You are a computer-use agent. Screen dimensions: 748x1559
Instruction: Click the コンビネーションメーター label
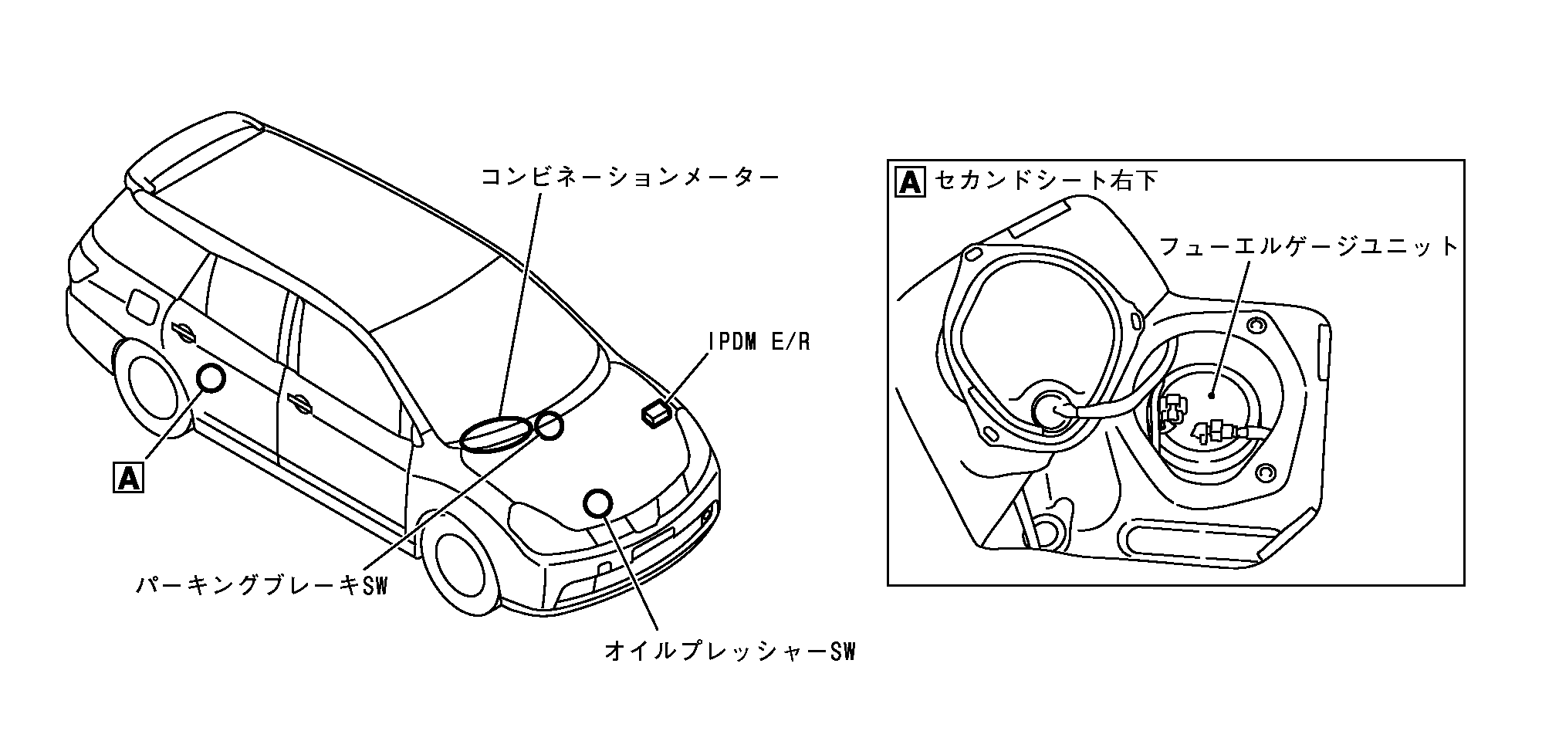(x=629, y=177)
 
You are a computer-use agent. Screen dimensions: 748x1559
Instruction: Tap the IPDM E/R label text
(x=759, y=342)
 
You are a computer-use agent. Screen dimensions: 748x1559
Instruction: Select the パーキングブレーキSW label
(x=261, y=585)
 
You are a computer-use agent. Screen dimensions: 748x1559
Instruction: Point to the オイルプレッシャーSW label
(x=730, y=652)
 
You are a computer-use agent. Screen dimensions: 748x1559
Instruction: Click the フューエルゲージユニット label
(x=1308, y=246)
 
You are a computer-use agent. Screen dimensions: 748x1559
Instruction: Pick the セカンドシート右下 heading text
(x=1045, y=181)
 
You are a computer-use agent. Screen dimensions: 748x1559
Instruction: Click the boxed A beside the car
(x=128, y=476)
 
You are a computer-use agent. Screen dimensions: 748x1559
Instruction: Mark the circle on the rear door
(x=211, y=378)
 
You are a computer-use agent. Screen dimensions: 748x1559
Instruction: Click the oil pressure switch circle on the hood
(x=597, y=503)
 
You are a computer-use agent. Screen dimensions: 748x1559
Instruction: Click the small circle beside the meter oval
(x=549, y=426)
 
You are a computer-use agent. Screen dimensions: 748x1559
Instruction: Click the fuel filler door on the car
(x=140, y=306)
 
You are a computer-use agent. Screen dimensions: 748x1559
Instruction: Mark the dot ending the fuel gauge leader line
(x=1212, y=395)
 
